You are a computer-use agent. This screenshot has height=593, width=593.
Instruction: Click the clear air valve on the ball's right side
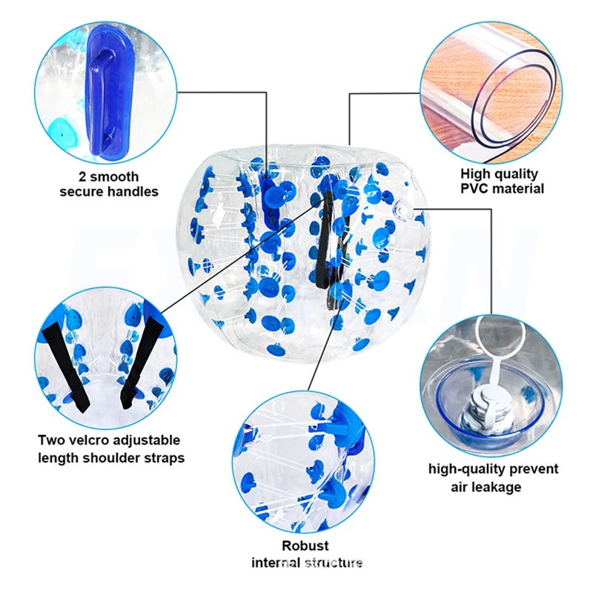coord(405,210)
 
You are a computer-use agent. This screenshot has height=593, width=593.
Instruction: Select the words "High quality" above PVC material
coord(500,173)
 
